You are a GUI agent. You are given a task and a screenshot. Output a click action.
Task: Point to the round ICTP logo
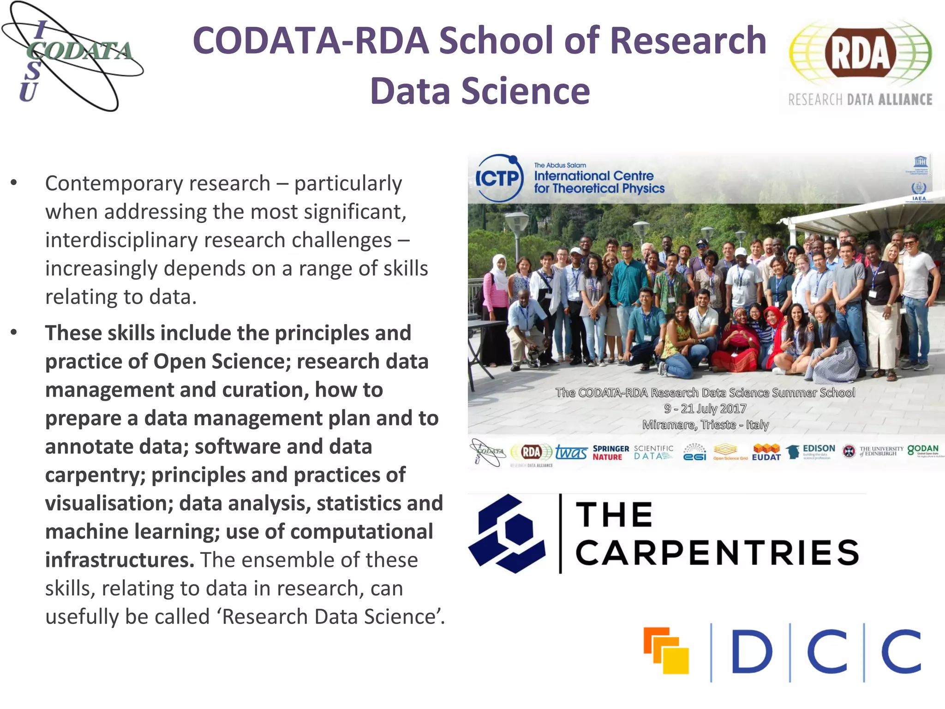coord(499,178)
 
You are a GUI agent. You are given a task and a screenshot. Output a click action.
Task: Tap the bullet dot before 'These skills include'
coord(14,332)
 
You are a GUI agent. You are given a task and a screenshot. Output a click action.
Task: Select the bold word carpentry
coord(95,475)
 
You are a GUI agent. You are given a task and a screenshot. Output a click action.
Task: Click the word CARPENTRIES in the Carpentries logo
coord(717,553)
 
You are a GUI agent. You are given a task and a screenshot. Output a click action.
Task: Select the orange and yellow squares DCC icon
coord(666,650)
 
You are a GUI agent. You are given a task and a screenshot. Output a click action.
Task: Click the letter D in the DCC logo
coord(752,651)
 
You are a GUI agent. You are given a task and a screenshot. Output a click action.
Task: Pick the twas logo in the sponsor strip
coord(571,452)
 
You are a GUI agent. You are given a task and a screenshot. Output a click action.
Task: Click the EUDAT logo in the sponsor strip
coord(766,452)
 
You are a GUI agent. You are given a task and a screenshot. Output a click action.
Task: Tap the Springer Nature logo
coord(610,452)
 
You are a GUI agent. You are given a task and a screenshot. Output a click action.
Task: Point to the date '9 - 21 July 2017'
coord(705,409)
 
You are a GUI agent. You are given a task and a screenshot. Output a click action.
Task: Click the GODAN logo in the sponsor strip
coord(923,450)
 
